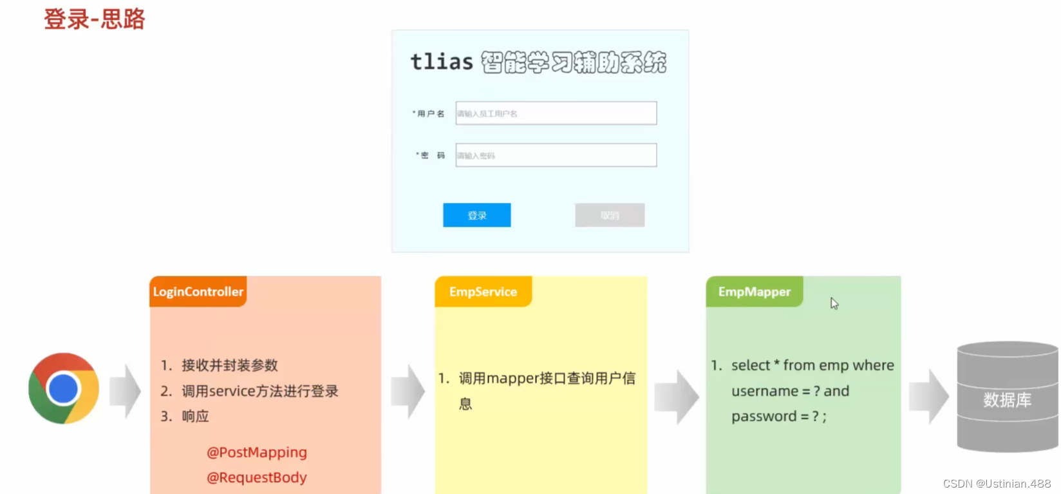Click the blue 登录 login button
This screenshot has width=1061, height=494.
coord(476,215)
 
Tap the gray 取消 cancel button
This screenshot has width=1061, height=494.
coord(609,215)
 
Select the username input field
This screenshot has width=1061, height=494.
coord(556,113)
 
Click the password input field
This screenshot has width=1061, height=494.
coord(556,155)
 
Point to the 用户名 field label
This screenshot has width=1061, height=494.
coord(430,114)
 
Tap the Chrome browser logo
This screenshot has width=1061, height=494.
coord(64,388)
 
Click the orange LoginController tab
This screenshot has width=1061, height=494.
coord(198,292)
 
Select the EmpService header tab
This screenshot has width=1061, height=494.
coord(483,292)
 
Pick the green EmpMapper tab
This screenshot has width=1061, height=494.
coord(754,292)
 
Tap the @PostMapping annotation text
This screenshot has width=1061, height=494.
coord(257,452)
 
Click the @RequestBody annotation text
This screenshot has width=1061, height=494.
coord(257,477)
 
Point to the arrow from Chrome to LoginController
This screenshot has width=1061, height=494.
coord(125,391)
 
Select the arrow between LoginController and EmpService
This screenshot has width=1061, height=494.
coord(408,391)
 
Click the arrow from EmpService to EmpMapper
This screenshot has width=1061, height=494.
coord(676,397)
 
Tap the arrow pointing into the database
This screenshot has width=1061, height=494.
coord(928,397)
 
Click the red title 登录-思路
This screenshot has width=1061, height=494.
coord(95,19)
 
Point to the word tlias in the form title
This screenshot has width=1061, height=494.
coord(442,62)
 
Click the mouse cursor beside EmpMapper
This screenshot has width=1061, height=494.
coord(834,303)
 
